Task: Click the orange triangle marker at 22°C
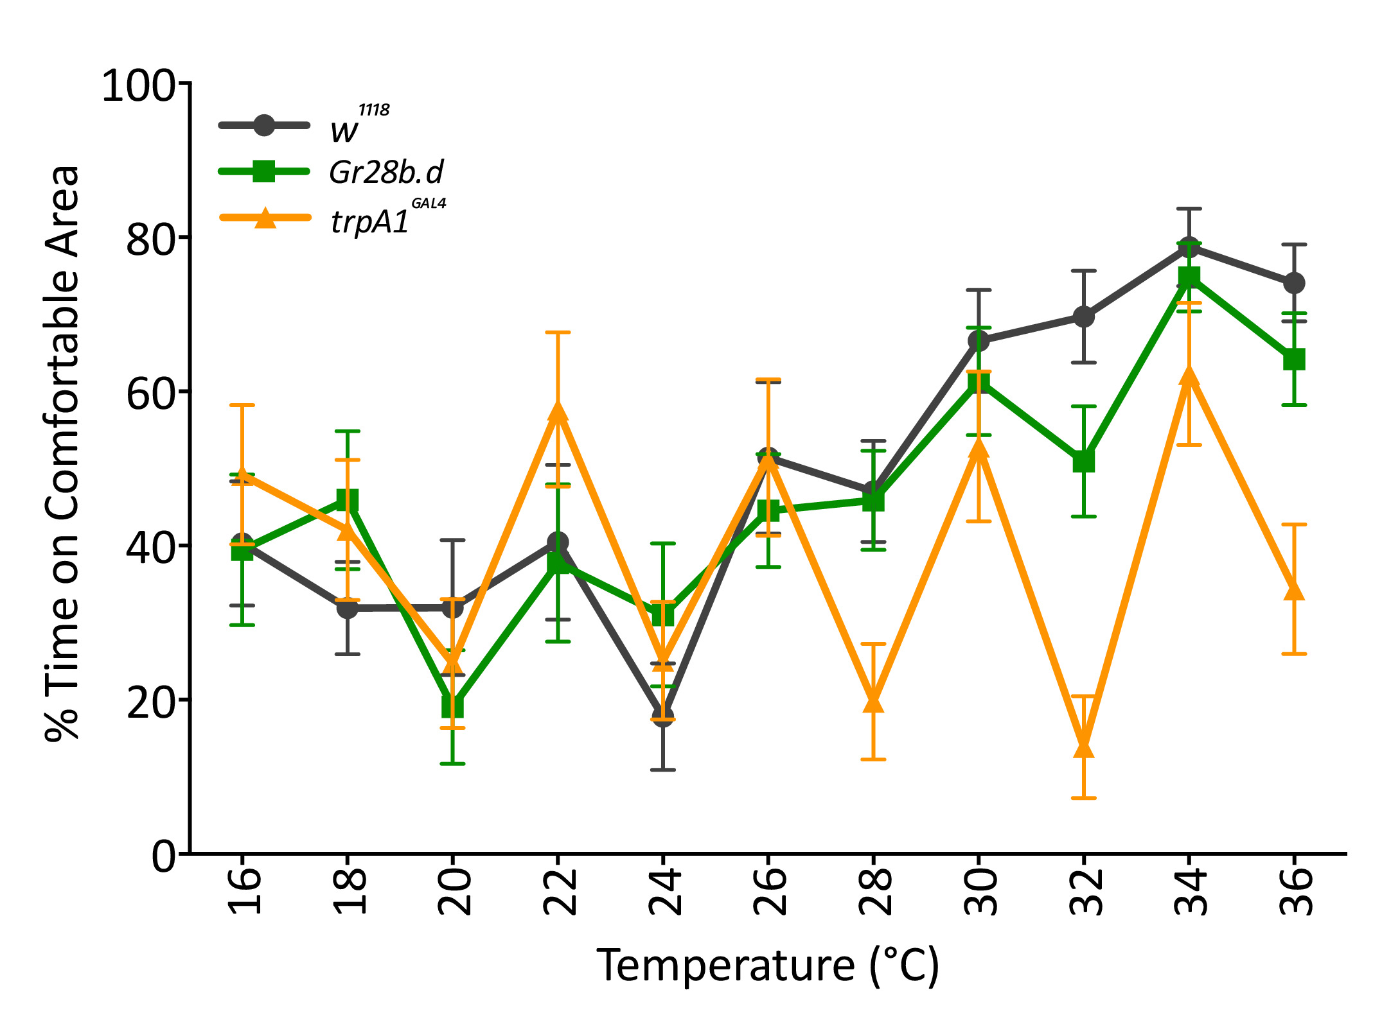coord(558,411)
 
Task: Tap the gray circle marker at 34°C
coord(1189,248)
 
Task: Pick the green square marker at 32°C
coord(1083,462)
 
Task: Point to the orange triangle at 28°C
coord(873,702)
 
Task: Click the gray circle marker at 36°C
coord(1294,283)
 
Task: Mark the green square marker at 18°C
coord(348,500)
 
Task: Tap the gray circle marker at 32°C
coord(1083,316)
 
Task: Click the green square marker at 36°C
coord(1294,359)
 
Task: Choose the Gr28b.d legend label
coord(386,173)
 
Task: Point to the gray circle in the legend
coord(264,125)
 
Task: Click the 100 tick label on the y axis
coord(138,85)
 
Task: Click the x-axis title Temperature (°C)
coord(768,966)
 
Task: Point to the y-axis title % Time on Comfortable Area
coord(62,453)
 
